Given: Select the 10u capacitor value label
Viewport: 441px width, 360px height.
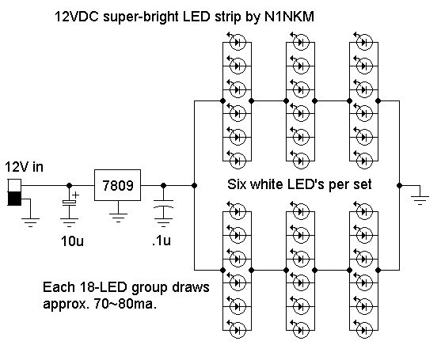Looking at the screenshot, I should (72, 240).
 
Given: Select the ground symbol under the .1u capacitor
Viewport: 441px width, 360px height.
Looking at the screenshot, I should (163, 225).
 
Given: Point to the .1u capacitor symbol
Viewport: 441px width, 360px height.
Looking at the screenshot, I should (163, 207).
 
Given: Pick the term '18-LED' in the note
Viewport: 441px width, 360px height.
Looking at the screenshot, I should (101, 288).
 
